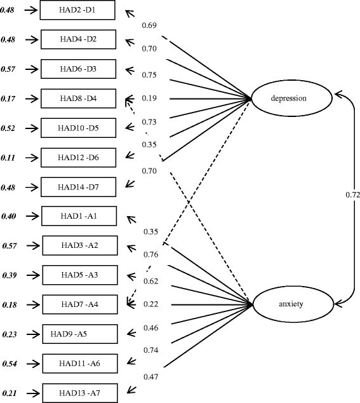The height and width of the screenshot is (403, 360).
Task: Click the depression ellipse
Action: [x=291, y=99]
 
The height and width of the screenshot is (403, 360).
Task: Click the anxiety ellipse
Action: [x=291, y=304]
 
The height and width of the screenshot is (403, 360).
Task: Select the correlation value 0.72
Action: [x=354, y=195]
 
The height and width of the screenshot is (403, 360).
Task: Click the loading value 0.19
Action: [x=150, y=99]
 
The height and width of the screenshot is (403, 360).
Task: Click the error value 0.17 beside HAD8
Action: [x=10, y=99]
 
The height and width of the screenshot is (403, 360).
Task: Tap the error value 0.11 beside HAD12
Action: [x=10, y=157]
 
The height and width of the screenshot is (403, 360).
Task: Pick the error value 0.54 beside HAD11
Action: [x=10, y=364]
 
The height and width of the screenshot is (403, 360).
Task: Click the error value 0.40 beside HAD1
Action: [x=10, y=216]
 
